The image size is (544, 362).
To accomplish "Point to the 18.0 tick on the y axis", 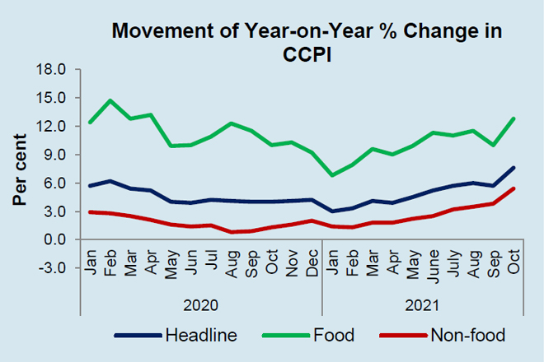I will click(52, 69).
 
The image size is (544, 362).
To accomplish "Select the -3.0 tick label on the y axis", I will click(52, 268).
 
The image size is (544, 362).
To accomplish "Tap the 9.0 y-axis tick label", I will click(54, 155).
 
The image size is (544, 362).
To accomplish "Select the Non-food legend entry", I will click(444, 335).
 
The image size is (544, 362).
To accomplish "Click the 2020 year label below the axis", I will click(199, 304).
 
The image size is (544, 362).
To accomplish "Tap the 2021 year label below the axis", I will click(422, 304).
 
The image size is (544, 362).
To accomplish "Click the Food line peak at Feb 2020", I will click(110, 101).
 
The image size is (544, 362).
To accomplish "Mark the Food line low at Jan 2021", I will click(331, 175).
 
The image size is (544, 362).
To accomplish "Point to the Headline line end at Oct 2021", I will click(514, 168).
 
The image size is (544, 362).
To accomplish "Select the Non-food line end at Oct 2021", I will click(514, 188).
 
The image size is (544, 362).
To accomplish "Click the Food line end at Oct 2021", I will click(514, 118).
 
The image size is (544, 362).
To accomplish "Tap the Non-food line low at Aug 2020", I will click(231, 232).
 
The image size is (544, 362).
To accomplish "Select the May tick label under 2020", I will click(171, 262).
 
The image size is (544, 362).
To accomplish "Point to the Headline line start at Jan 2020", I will click(90, 186).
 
